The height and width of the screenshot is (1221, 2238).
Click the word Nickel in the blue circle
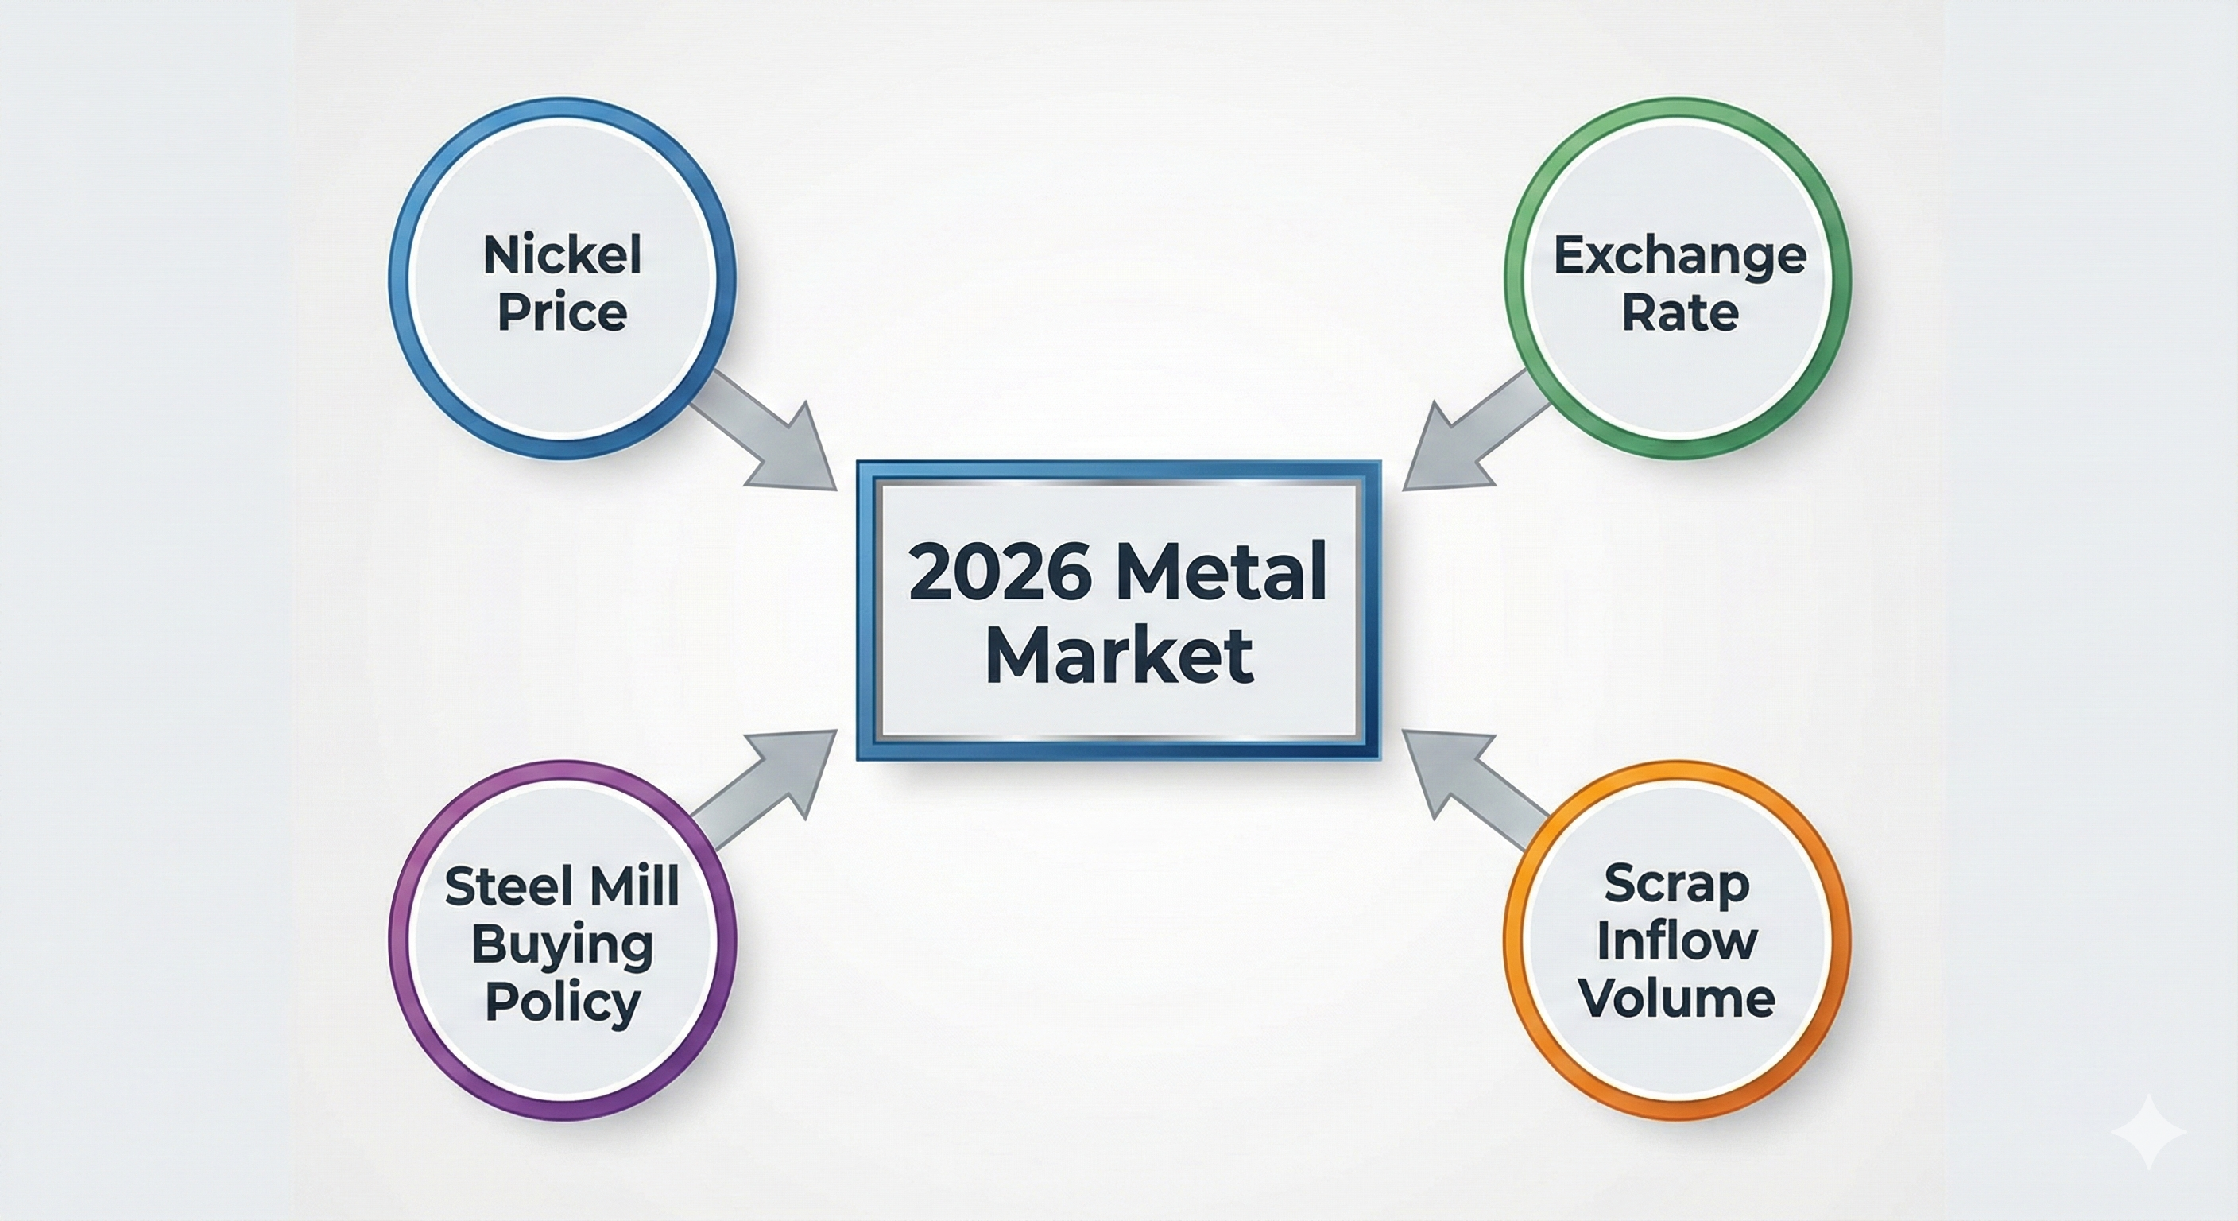[562, 255]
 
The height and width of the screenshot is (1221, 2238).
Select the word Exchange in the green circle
[1679, 258]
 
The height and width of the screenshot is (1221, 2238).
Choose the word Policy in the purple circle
[562, 1004]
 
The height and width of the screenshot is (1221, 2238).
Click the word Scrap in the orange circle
[1677, 885]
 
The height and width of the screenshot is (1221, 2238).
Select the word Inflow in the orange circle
[1677, 940]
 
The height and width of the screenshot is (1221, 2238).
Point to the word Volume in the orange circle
[1677, 998]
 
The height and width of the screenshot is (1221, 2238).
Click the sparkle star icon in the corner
[2147, 1131]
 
